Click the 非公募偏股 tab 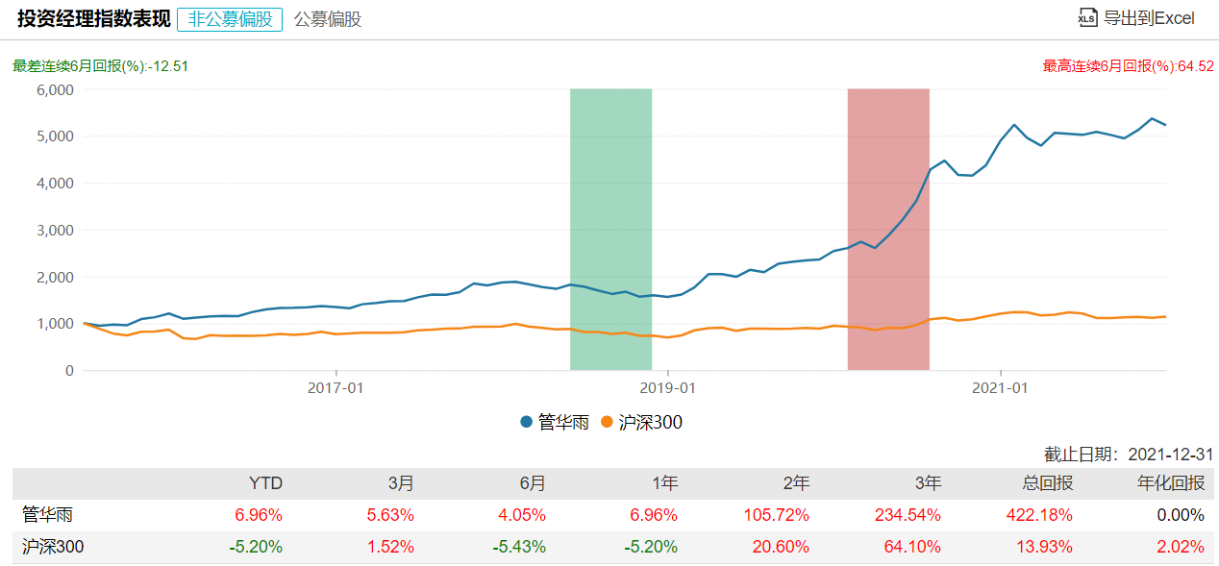click(x=230, y=18)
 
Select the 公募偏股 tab click(x=328, y=18)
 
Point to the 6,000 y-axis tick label click(x=55, y=89)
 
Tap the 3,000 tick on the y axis click(x=55, y=230)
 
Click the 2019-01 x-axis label click(x=667, y=387)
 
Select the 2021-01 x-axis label click(x=1001, y=387)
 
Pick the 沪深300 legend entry click(x=642, y=422)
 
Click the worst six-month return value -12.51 click(x=169, y=66)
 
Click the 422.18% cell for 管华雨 click(x=1041, y=514)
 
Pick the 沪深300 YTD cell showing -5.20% click(x=256, y=547)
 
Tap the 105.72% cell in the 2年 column click(x=777, y=514)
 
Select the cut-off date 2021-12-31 click(x=1169, y=454)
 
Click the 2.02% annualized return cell click(x=1182, y=547)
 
